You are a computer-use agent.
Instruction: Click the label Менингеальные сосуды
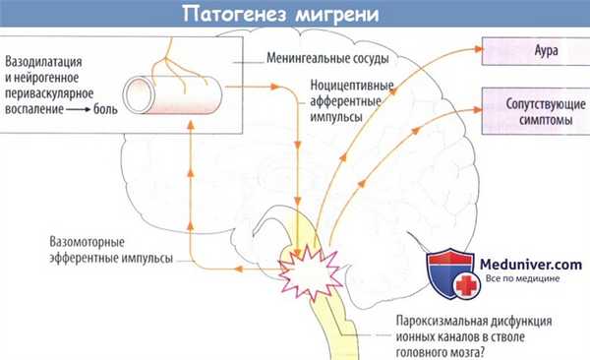tap(324, 58)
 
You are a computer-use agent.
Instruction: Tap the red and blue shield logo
tap(451, 271)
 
